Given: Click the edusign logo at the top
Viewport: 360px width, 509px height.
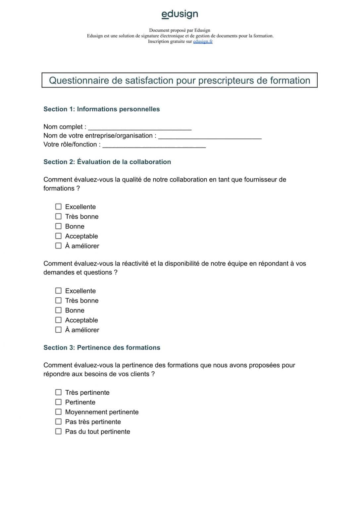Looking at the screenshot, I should click(x=180, y=14).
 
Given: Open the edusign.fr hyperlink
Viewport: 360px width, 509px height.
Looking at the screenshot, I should click(x=203, y=41).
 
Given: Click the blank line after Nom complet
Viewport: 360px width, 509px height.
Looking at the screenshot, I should click(x=139, y=128).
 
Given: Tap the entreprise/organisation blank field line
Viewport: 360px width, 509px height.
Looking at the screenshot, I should click(x=210, y=137).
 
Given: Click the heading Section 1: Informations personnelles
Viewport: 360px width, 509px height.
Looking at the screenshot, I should click(x=101, y=109).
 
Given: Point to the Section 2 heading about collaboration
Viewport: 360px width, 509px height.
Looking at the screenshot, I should click(x=107, y=162).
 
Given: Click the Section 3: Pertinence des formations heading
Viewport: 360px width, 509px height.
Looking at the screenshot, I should click(x=102, y=347).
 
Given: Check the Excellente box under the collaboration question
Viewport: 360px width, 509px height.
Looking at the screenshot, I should click(x=58, y=206).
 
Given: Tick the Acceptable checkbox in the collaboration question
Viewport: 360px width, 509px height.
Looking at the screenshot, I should click(x=58, y=236).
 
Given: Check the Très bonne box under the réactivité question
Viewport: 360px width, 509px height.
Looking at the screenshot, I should click(x=58, y=300).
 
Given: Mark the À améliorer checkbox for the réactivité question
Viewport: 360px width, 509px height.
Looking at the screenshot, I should click(x=58, y=330).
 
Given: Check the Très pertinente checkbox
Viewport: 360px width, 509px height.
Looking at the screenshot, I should click(x=58, y=392).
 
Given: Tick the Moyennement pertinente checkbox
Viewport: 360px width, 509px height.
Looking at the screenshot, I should click(x=58, y=412).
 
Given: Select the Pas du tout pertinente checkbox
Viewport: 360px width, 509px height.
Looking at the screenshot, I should click(x=58, y=431).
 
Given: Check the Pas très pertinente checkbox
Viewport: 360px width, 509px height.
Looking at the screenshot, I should click(x=58, y=422).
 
